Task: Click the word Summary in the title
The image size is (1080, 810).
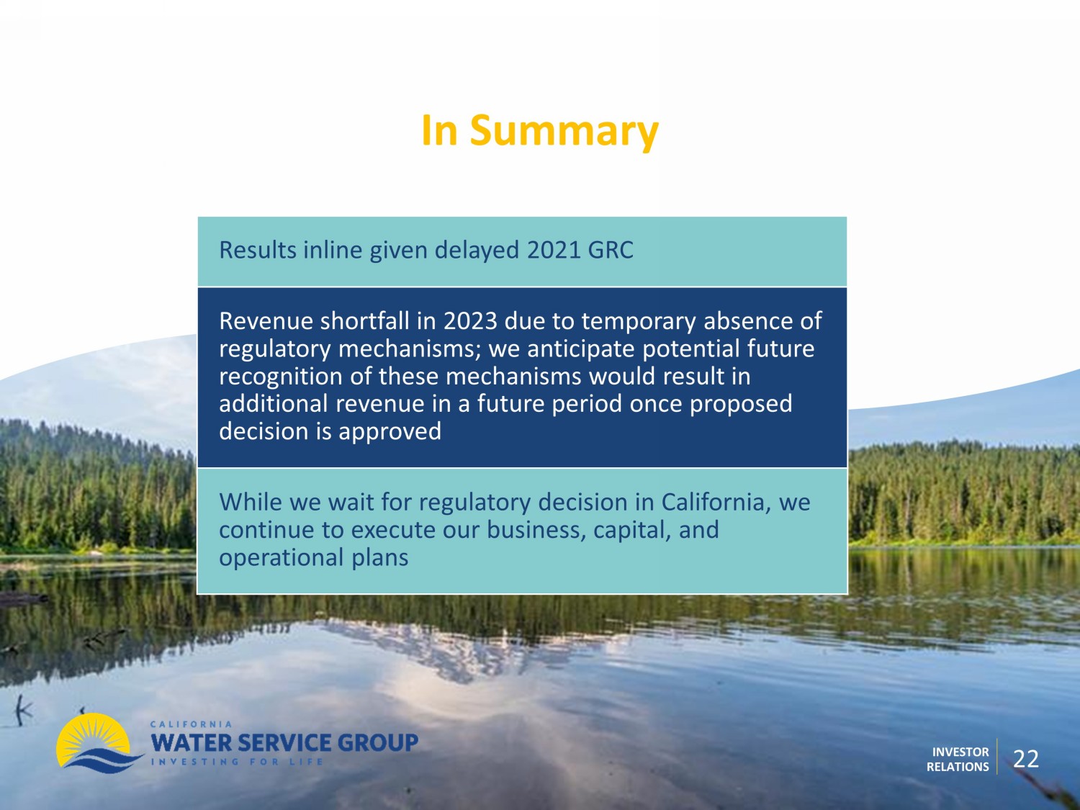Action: click(x=564, y=132)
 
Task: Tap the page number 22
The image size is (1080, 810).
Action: click(x=1026, y=759)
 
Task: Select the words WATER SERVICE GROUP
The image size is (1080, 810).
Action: click(x=284, y=742)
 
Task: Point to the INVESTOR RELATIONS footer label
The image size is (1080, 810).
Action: click(x=958, y=760)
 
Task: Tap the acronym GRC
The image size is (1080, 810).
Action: click(x=611, y=250)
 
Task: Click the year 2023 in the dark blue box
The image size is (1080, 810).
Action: click(x=470, y=321)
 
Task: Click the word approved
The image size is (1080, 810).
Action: click(x=390, y=432)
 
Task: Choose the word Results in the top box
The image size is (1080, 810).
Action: click(x=258, y=250)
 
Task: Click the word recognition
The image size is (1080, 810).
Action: click(x=281, y=377)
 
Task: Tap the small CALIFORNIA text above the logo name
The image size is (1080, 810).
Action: click(x=191, y=724)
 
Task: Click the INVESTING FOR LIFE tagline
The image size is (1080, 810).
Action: click(x=237, y=762)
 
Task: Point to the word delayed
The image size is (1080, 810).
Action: click(x=477, y=251)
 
